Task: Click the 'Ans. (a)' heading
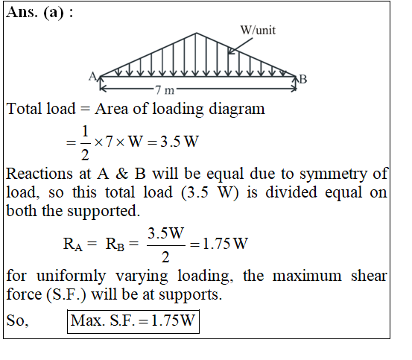click(x=35, y=13)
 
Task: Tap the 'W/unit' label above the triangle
click(x=258, y=31)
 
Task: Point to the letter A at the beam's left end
click(x=92, y=77)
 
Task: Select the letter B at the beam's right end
click(x=303, y=79)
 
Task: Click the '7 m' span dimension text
click(x=165, y=90)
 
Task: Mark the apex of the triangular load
click(x=196, y=33)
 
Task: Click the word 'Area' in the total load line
click(x=112, y=109)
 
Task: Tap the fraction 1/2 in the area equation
click(x=85, y=143)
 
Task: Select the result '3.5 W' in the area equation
click(x=180, y=142)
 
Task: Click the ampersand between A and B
click(x=121, y=174)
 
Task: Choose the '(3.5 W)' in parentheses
click(x=210, y=192)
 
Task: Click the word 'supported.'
click(x=104, y=211)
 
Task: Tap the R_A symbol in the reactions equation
click(x=73, y=244)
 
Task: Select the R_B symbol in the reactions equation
click(x=115, y=244)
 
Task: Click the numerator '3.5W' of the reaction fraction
click(x=165, y=233)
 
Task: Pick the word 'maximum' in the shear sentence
click(x=307, y=276)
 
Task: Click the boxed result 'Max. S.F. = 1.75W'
click(x=133, y=322)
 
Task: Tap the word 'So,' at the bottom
click(x=17, y=320)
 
